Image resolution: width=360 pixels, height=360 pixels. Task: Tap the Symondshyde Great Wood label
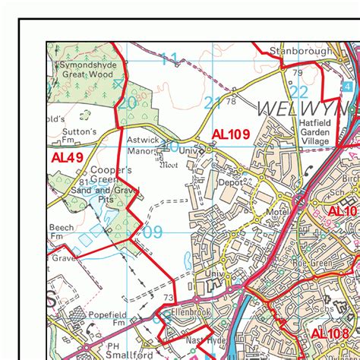(x=86, y=71)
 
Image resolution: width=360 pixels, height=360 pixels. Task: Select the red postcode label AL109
(x=230, y=134)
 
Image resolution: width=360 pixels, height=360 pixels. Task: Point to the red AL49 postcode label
(x=68, y=158)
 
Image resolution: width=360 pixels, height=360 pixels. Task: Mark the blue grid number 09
(x=153, y=232)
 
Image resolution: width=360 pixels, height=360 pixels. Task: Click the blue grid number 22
(x=298, y=93)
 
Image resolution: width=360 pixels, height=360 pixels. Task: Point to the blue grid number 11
(x=169, y=58)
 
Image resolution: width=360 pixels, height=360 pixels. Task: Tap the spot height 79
(x=297, y=73)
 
